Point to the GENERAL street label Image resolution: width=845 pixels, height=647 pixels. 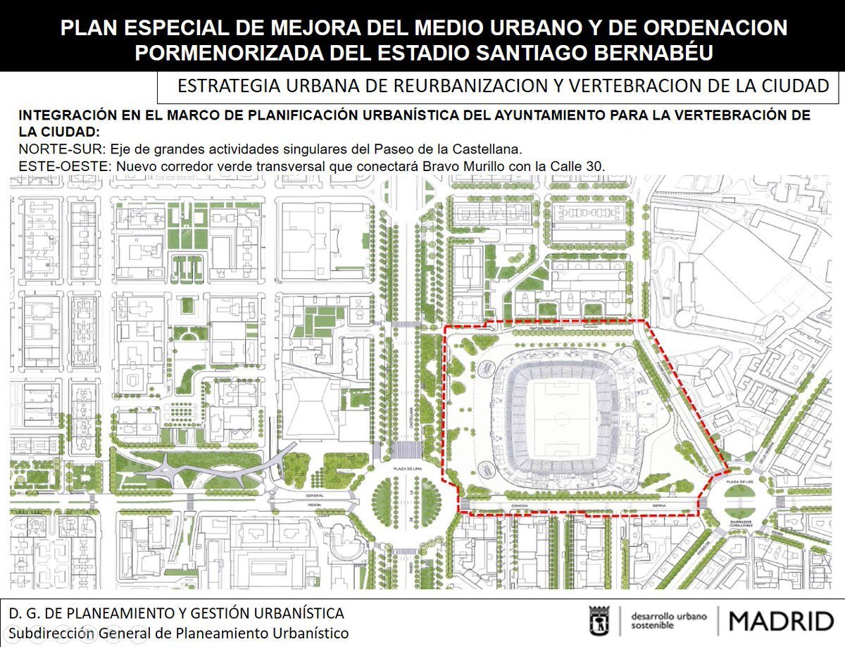(x=313, y=496)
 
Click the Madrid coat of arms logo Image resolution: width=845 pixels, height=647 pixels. (x=599, y=620)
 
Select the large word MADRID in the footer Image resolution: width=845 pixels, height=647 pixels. (x=781, y=621)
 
